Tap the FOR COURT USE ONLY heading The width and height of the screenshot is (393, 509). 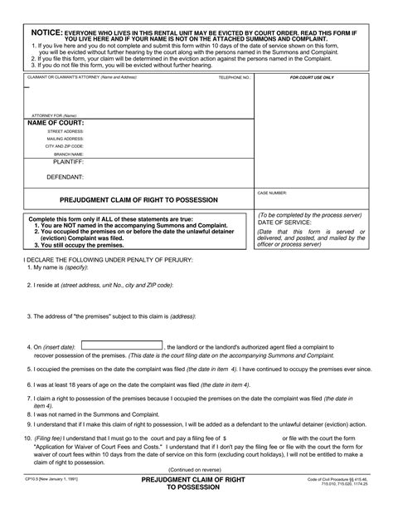click(312, 77)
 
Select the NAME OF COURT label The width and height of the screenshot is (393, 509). click(56, 122)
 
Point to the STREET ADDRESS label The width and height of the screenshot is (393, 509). click(65, 131)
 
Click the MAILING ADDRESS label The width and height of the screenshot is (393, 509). click(65, 139)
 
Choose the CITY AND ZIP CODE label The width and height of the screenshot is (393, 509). click(65, 146)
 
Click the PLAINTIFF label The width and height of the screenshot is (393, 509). click(68, 164)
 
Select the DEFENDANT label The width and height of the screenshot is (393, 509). click(65, 177)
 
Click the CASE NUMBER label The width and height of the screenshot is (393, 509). click(273, 193)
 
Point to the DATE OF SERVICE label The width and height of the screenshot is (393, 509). click(284, 223)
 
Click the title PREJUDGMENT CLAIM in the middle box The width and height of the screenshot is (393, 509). click(138, 200)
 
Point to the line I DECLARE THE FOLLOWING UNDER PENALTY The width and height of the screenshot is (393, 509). click(104, 260)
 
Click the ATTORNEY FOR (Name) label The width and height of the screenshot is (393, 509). click(47, 115)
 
